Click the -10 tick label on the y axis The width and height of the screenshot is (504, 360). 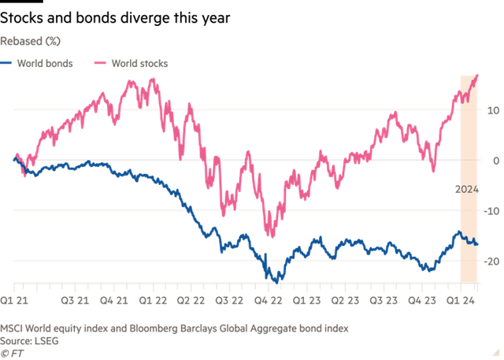click(491, 211)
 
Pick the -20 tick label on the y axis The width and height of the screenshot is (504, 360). click(491, 261)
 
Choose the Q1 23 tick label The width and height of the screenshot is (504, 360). click(307, 300)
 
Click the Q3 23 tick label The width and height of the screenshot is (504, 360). click(384, 300)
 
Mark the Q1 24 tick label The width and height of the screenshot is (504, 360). click(459, 300)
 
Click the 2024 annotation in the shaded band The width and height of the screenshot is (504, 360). click(468, 188)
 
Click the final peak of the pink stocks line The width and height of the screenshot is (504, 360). click(477, 76)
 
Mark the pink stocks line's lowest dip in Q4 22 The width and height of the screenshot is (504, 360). click(272, 236)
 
